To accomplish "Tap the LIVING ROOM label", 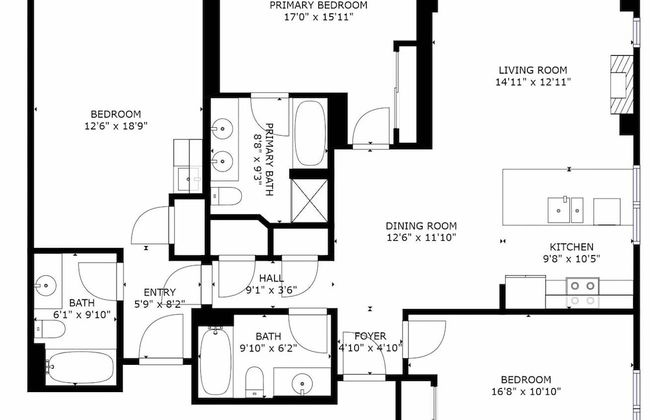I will (x=534, y=71).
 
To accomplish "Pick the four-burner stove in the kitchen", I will (x=582, y=291).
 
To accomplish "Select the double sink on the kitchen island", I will (x=565, y=208).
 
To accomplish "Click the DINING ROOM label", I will (x=422, y=226).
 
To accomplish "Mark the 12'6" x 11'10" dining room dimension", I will (x=422, y=238).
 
